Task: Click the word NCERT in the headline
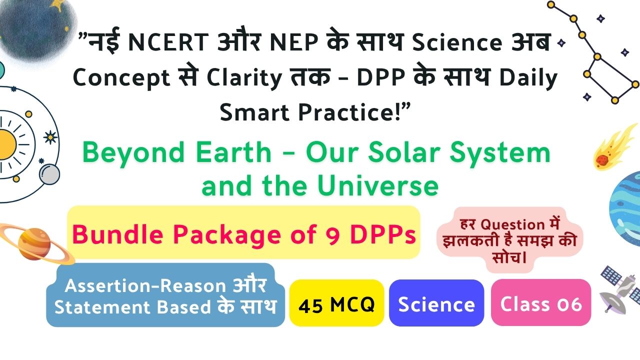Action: (x=168, y=42)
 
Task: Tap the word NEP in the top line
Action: (x=294, y=42)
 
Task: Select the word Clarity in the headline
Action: (x=244, y=77)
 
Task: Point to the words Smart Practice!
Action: (x=315, y=112)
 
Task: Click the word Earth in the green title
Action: (x=233, y=153)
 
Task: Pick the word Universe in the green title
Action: (x=377, y=186)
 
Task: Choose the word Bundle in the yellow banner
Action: (x=117, y=234)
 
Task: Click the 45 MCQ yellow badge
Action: (x=336, y=303)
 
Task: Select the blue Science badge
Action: (x=436, y=303)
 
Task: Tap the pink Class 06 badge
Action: (x=541, y=302)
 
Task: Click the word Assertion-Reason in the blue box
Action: (x=145, y=285)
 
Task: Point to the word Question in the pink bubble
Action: (x=512, y=224)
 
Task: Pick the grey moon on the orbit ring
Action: (x=49, y=174)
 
